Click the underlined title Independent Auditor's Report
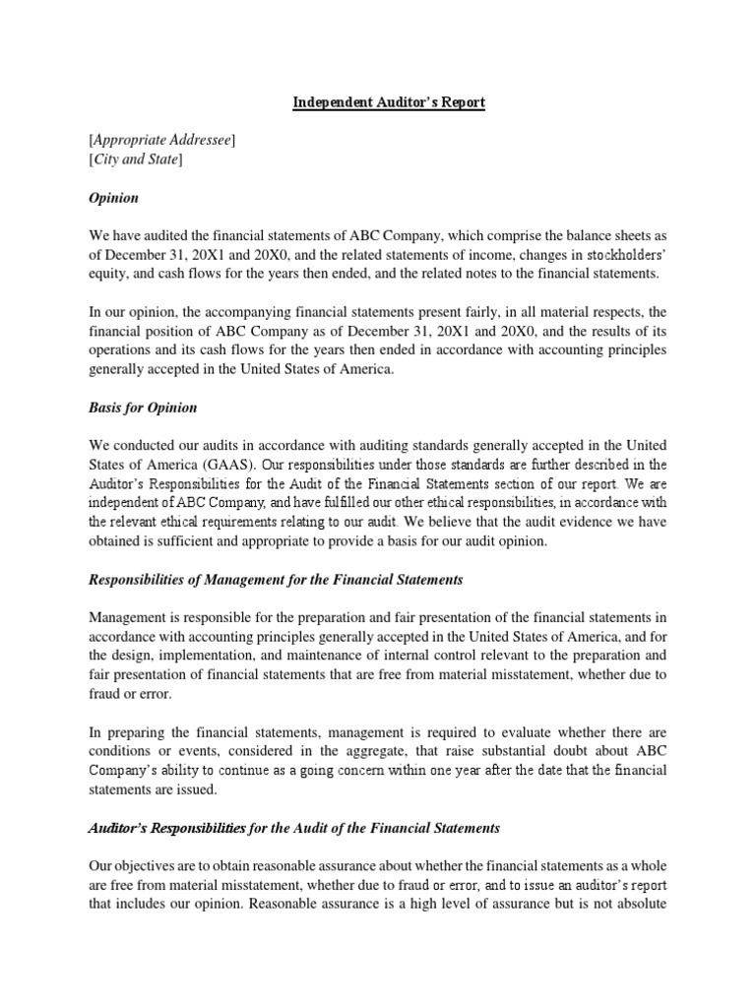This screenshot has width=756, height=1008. [x=389, y=103]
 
